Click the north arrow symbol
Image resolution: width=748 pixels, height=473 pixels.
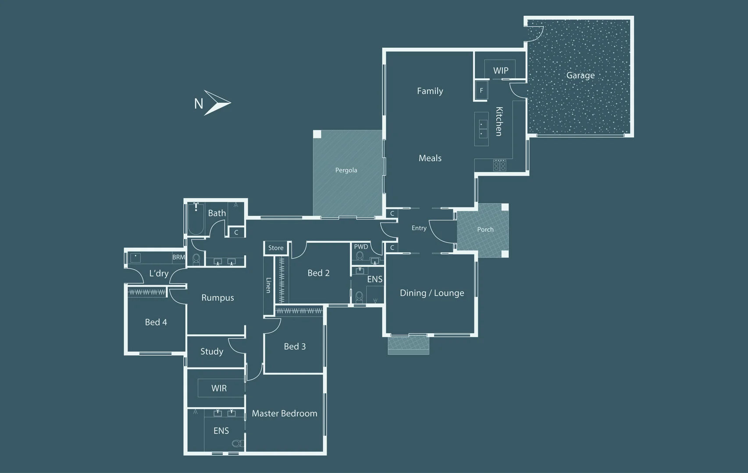click(x=217, y=103)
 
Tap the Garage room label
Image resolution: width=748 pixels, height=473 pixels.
click(x=581, y=75)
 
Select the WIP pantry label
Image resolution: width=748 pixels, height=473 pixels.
click(x=501, y=71)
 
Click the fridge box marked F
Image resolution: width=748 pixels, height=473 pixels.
click(x=481, y=90)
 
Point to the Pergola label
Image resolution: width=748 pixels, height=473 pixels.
click(x=346, y=170)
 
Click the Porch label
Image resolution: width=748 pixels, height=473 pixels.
click(x=485, y=229)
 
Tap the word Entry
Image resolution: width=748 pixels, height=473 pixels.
click(x=419, y=228)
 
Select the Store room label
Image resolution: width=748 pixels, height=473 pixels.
click(x=276, y=248)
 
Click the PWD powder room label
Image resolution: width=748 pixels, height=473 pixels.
click(x=361, y=247)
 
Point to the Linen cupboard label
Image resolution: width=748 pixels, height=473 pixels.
click(x=268, y=285)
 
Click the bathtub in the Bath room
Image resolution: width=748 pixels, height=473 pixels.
click(x=196, y=219)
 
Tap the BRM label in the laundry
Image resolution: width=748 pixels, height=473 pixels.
click(x=178, y=257)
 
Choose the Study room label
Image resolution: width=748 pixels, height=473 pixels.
click(x=212, y=351)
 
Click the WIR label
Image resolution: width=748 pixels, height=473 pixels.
click(x=219, y=388)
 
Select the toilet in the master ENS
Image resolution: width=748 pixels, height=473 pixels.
click(x=238, y=443)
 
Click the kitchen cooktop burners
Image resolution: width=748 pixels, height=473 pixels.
click(x=499, y=165)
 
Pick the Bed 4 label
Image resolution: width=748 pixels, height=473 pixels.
click(x=156, y=322)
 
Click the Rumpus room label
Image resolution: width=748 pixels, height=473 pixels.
click(x=218, y=297)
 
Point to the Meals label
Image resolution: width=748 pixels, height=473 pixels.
click(x=430, y=158)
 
